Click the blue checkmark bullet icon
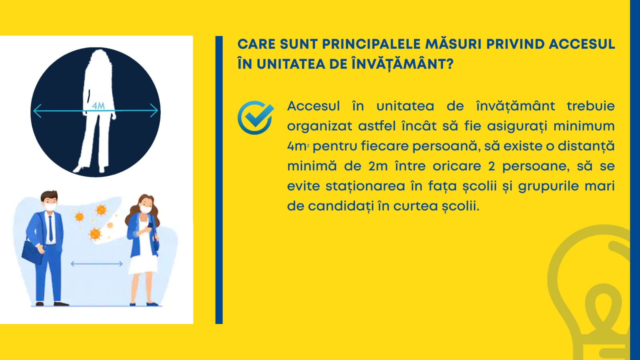(x=255, y=118)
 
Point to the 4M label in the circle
(x=98, y=106)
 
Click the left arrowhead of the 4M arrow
(x=37, y=111)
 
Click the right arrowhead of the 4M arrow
(x=154, y=111)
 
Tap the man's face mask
(x=50, y=206)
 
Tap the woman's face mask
(x=146, y=209)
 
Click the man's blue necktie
(x=50, y=228)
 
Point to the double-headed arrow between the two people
(x=96, y=264)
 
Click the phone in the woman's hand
(x=150, y=225)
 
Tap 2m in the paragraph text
(x=378, y=166)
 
